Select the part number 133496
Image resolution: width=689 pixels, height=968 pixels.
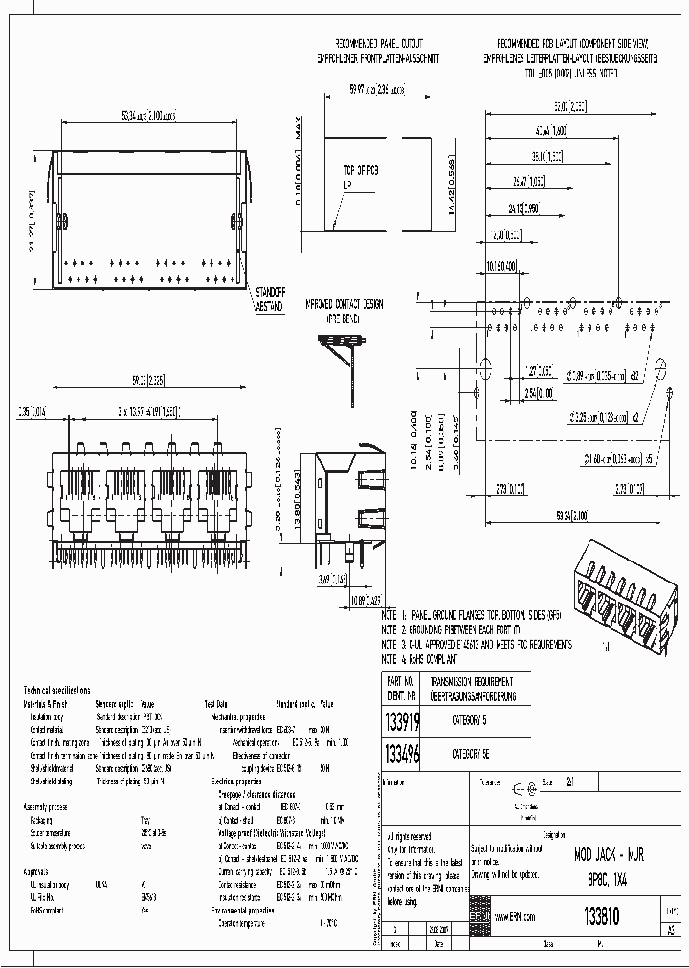coord(401,754)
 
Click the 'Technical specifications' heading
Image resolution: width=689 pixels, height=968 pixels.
coord(56,689)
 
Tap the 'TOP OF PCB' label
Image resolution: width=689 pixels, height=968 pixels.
coord(360,170)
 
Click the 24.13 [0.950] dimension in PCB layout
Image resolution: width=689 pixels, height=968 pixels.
coord(523,207)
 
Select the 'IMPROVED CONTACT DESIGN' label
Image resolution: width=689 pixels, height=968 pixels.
coord(344,304)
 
